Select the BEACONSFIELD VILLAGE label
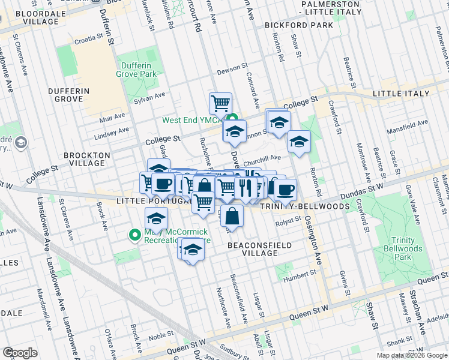point(260,249)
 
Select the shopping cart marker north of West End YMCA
point(220,103)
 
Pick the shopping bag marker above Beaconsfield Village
point(234,215)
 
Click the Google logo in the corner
point(20,352)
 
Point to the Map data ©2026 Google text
point(411,355)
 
